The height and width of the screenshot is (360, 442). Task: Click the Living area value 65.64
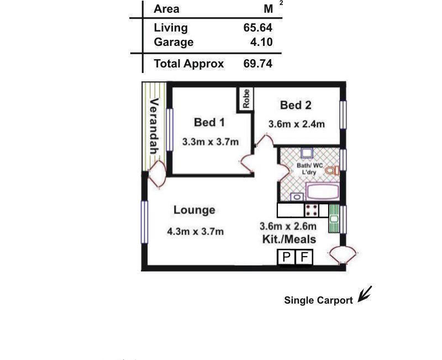pyautogui.click(x=257, y=28)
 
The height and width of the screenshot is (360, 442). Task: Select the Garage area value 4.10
pyautogui.click(x=261, y=42)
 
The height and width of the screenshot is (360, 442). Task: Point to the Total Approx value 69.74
pyautogui.click(x=257, y=64)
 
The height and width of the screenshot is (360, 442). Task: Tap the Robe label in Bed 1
pyautogui.click(x=246, y=99)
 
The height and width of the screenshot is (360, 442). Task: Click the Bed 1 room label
pyautogui.click(x=209, y=122)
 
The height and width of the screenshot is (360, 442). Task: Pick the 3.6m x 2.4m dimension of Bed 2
pyautogui.click(x=297, y=124)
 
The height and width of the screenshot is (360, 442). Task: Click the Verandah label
pyautogui.click(x=154, y=126)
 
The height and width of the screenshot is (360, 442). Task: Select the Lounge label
pyautogui.click(x=194, y=210)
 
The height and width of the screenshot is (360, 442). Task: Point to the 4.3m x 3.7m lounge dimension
pyautogui.click(x=196, y=232)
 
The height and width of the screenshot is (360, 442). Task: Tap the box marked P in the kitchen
pyautogui.click(x=286, y=257)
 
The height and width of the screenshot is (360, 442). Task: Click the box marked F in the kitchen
pyautogui.click(x=304, y=257)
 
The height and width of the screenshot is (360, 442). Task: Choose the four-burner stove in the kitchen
pyautogui.click(x=312, y=211)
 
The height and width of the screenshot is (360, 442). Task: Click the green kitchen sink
pyautogui.click(x=334, y=218)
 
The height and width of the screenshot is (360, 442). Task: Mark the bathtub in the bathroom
pyautogui.click(x=323, y=192)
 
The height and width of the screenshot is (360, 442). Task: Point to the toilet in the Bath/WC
pyautogui.click(x=333, y=171)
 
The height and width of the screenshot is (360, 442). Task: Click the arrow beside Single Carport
pyautogui.click(x=365, y=294)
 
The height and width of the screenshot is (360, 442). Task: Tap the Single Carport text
pyautogui.click(x=318, y=300)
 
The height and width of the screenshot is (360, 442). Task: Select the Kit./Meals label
pyautogui.click(x=289, y=239)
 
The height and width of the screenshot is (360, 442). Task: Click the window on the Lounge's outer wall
pyautogui.click(x=144, y=222)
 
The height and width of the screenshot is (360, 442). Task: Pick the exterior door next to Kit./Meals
pyautogui.click(x=343, y=255)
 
